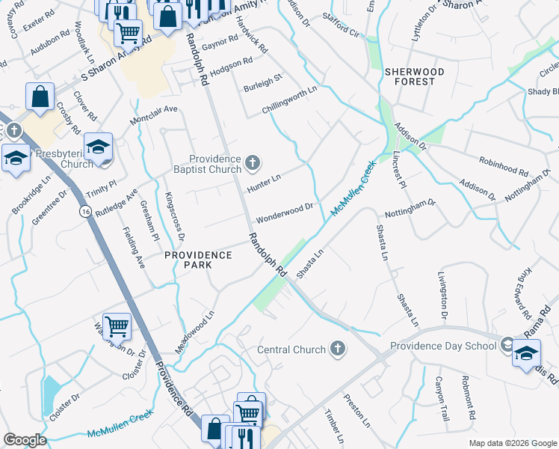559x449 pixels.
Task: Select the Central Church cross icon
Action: point(338,349)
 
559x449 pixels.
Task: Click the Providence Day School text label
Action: point(442,346)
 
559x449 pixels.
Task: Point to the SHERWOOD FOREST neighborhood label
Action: point(410,76)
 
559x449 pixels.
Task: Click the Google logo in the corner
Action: point(25,440)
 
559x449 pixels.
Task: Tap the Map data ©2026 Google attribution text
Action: point(512,443)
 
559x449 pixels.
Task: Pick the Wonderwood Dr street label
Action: point(284,213)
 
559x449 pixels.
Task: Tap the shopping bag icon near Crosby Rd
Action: point(40,96)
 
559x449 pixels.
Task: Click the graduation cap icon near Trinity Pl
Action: point(98,147)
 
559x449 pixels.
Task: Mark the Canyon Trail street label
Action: point(441,399)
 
